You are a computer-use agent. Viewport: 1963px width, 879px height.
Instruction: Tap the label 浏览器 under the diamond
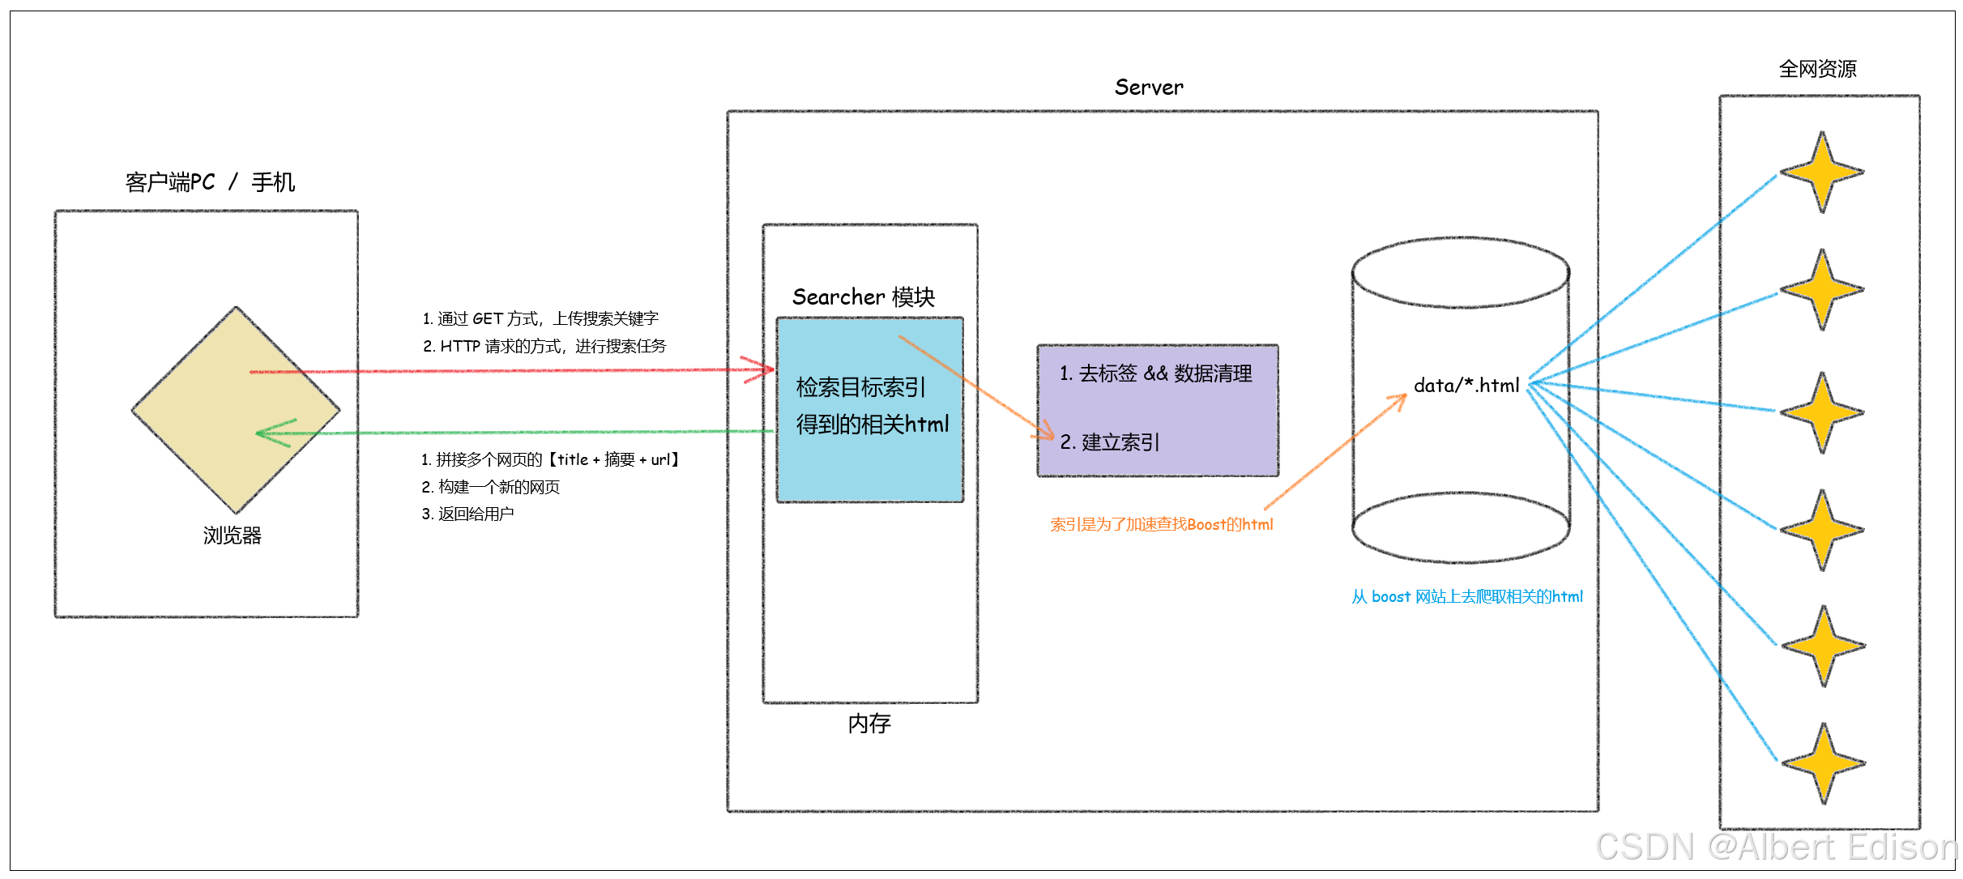point(233,536)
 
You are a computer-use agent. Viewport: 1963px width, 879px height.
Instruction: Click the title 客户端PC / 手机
point(210,182)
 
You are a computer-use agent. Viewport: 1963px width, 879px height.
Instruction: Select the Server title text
point(1148,87)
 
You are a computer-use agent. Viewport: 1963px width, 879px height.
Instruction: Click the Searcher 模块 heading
point(863,297)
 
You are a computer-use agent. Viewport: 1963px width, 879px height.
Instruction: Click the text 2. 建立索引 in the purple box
point(1110,442)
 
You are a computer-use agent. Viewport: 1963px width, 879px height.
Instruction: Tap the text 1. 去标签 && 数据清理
point(1156,373)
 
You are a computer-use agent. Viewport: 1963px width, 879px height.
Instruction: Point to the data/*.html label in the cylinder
point(1466,386)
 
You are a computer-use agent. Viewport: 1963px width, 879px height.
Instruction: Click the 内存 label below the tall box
point(869,723)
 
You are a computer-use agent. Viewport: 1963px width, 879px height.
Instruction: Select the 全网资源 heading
point(1817,69)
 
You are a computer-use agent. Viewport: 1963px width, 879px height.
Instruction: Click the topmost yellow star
point(1821,173)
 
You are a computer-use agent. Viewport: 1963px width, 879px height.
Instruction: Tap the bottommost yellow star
point(1823,763)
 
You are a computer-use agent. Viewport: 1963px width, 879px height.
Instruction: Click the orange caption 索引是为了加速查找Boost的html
point(1161,525)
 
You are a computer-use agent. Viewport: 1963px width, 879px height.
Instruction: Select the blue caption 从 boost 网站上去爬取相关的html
point(1466,597)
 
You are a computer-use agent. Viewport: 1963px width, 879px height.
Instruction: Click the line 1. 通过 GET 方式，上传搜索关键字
point(540,319)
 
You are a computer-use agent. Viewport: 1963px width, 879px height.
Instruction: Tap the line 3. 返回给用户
point(467,514)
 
